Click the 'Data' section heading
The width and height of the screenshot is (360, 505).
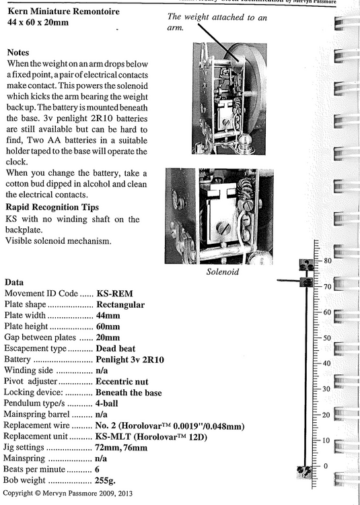[x=16, y=282]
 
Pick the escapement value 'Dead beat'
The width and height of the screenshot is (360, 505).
[x=116, y=348]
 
